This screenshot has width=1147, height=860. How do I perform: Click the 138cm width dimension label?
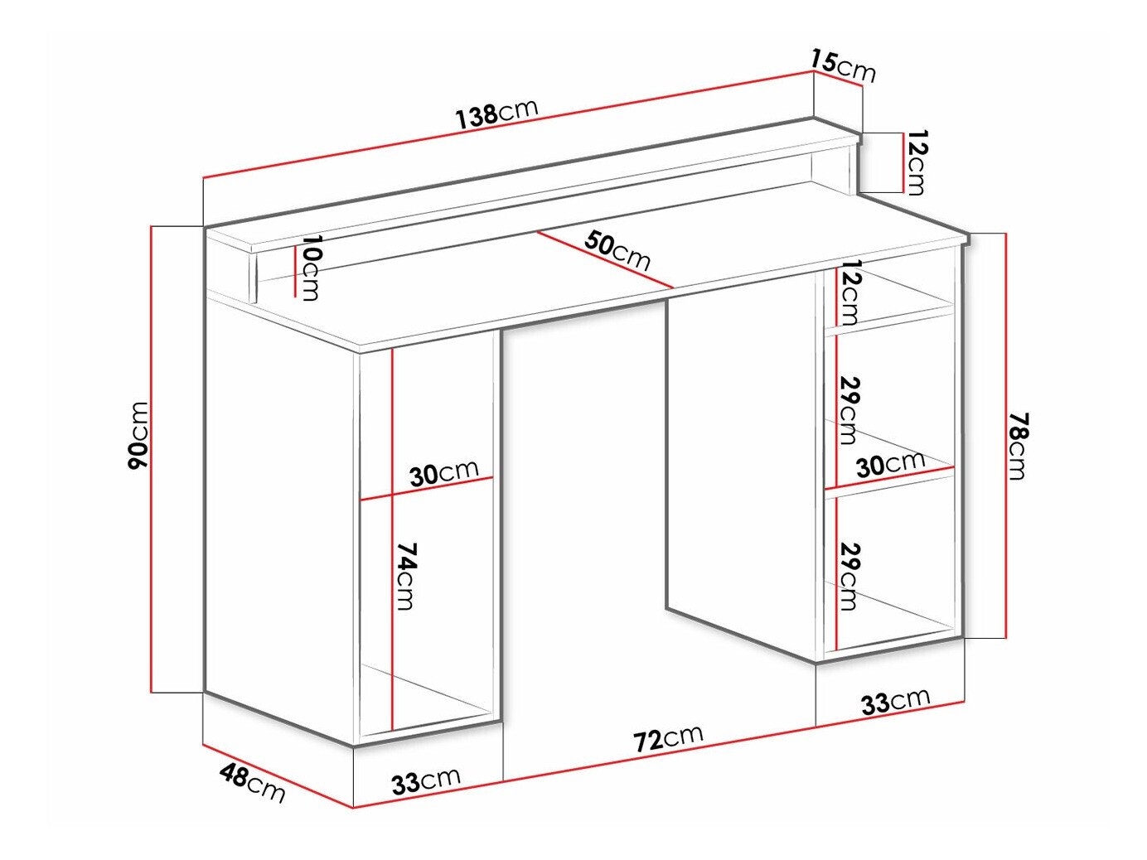(x=496, y=113)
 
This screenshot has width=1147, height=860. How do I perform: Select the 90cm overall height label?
(x=139, y=435)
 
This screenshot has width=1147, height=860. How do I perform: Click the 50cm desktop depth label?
(x=617, y=249)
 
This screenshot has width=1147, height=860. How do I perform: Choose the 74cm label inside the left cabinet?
(x=405, y=576)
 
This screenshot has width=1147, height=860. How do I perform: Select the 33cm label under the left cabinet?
(x=426, y=781)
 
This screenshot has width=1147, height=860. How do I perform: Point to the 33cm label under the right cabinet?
(x=895, y=701)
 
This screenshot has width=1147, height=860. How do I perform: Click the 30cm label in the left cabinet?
(x=444, y=473)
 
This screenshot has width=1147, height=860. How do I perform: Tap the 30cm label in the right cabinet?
(x=890, y=463)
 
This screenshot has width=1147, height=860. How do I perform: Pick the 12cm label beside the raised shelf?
(x=917, y=162)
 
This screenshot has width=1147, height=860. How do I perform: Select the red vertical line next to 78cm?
(x=1005, y=435)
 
